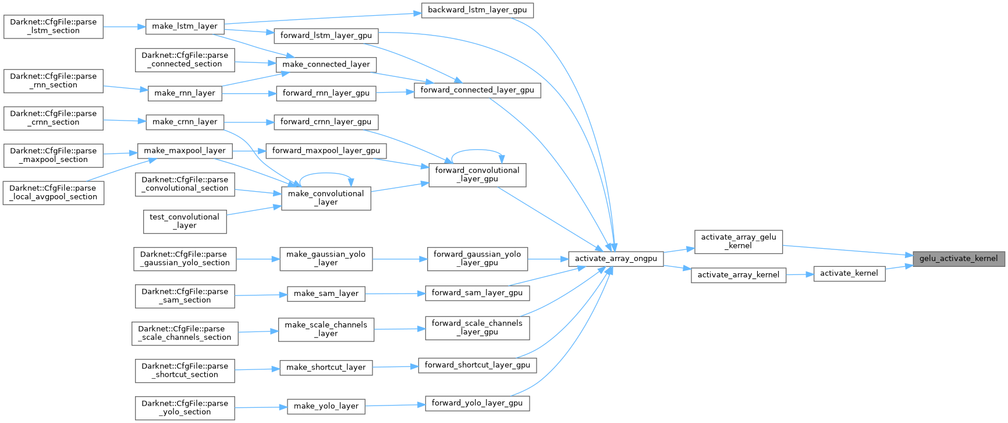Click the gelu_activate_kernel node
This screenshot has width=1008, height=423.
958,258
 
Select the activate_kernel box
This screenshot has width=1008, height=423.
849,273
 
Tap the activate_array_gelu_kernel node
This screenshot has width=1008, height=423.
739,241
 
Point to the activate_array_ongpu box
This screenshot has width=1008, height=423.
616,259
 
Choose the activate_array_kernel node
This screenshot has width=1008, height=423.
738,275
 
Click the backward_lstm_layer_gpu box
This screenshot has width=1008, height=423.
477,10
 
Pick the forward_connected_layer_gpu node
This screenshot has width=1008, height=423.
477,90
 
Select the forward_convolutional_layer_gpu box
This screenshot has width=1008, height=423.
477,175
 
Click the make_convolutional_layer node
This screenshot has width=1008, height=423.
326,198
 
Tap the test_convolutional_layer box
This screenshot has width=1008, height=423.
185,221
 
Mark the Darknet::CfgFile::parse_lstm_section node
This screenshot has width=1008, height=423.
54,26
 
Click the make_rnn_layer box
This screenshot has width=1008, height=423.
184,93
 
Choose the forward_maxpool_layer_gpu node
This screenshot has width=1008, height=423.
326,151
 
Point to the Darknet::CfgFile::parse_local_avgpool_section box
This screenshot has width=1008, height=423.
54,193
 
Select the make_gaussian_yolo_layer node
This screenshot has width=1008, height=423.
326,259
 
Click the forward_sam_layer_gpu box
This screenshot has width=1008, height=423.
477,293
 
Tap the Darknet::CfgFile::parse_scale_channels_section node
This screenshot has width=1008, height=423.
184,333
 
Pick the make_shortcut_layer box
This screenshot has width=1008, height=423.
326,368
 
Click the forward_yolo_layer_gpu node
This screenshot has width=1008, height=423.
477,403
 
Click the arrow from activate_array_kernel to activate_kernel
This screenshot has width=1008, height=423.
800,274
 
